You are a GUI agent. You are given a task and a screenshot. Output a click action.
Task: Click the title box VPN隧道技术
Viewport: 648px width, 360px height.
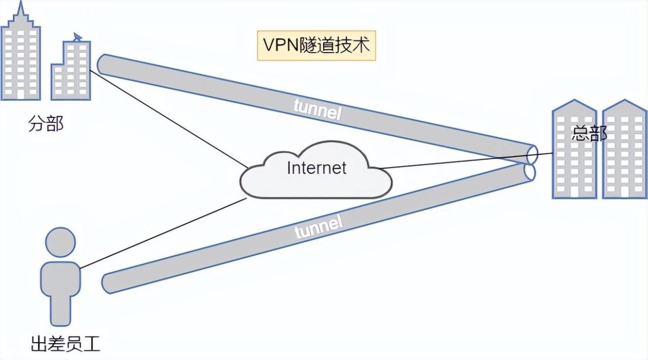[316, 46]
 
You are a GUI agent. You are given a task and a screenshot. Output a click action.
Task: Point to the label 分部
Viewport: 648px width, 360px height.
[46, 123]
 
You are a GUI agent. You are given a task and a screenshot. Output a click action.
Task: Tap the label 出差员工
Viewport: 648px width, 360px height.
[65, 344]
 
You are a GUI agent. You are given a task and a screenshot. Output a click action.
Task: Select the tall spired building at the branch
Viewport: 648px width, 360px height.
[20, 56]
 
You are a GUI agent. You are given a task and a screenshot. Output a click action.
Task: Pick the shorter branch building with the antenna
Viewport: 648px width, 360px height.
[71, 71]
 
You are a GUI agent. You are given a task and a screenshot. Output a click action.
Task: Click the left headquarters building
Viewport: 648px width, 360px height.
[574, 152]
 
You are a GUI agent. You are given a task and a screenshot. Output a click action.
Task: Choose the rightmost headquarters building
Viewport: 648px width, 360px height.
[624, 152]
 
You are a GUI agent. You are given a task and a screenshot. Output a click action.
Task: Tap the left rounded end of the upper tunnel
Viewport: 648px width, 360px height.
[101, 64]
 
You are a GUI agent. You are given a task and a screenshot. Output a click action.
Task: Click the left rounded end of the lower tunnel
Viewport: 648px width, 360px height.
[107, 283]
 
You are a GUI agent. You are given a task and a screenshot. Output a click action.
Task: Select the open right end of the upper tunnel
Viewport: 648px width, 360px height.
[532, 153]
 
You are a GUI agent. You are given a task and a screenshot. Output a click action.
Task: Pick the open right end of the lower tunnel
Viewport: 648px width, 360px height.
[530, 172]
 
